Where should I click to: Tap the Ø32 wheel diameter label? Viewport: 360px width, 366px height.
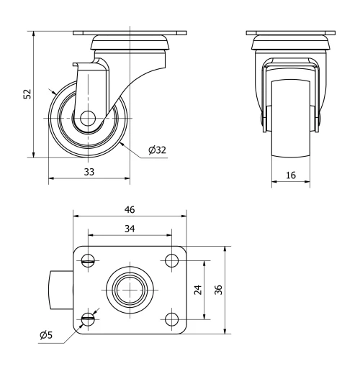click(x=157, y=150)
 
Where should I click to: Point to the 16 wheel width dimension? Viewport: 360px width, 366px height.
click(x=292, y=175)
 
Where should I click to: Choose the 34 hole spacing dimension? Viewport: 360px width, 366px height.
click(x=130, y=228)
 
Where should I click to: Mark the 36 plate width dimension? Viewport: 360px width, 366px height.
click(x=217, y=290)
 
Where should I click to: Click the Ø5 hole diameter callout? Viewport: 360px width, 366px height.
click(x=45, y=334)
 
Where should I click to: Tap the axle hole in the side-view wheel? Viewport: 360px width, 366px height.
click(x=89, y=118)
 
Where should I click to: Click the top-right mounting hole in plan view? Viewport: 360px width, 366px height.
click(x=171, y=260)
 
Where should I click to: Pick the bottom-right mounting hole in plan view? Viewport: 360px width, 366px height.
click(x=171, y=319)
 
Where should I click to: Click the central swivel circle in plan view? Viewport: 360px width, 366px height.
click(x=130, y=290)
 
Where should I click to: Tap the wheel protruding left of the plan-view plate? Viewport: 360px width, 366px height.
click(x=60, y=290)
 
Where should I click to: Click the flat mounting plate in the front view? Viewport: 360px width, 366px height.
click(x=292, y=33)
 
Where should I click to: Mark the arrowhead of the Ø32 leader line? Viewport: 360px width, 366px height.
click(x=122, y=142)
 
